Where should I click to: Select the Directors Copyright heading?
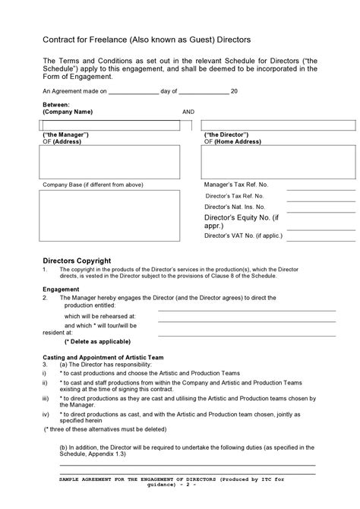tap(77, 260)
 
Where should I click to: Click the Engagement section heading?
tap(62, 289)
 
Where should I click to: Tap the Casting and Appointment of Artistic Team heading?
tap(103, 357)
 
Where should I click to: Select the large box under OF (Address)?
tap(109, 161)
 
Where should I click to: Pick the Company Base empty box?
tap(109, 220)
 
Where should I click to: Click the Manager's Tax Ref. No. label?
tap(236, 185)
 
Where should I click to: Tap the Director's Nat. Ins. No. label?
tap(235, 207)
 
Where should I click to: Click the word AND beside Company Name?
tap(188, 112)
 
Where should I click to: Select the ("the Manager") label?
tap(66, 134)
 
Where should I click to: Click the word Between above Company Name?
tap(56, 105)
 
